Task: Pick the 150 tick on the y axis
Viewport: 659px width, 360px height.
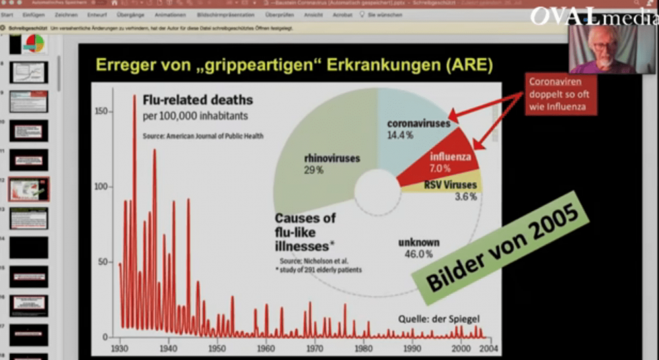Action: pos(100,111)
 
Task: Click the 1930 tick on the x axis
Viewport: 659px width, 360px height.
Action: pos(120,347)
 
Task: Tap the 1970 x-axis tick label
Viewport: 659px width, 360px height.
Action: pos(315,347)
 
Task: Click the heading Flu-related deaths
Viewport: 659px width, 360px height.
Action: pos(198,101)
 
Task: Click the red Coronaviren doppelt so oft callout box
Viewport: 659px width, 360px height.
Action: pos(561,94)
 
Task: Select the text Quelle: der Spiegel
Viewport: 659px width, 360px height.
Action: pos(439,318)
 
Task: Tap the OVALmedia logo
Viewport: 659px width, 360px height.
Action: pos(594,15)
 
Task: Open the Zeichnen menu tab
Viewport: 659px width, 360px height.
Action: pos(66,15)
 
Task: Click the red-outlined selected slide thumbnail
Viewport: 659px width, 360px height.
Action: pos(28,189)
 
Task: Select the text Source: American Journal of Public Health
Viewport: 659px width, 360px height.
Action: pos(203,136)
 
